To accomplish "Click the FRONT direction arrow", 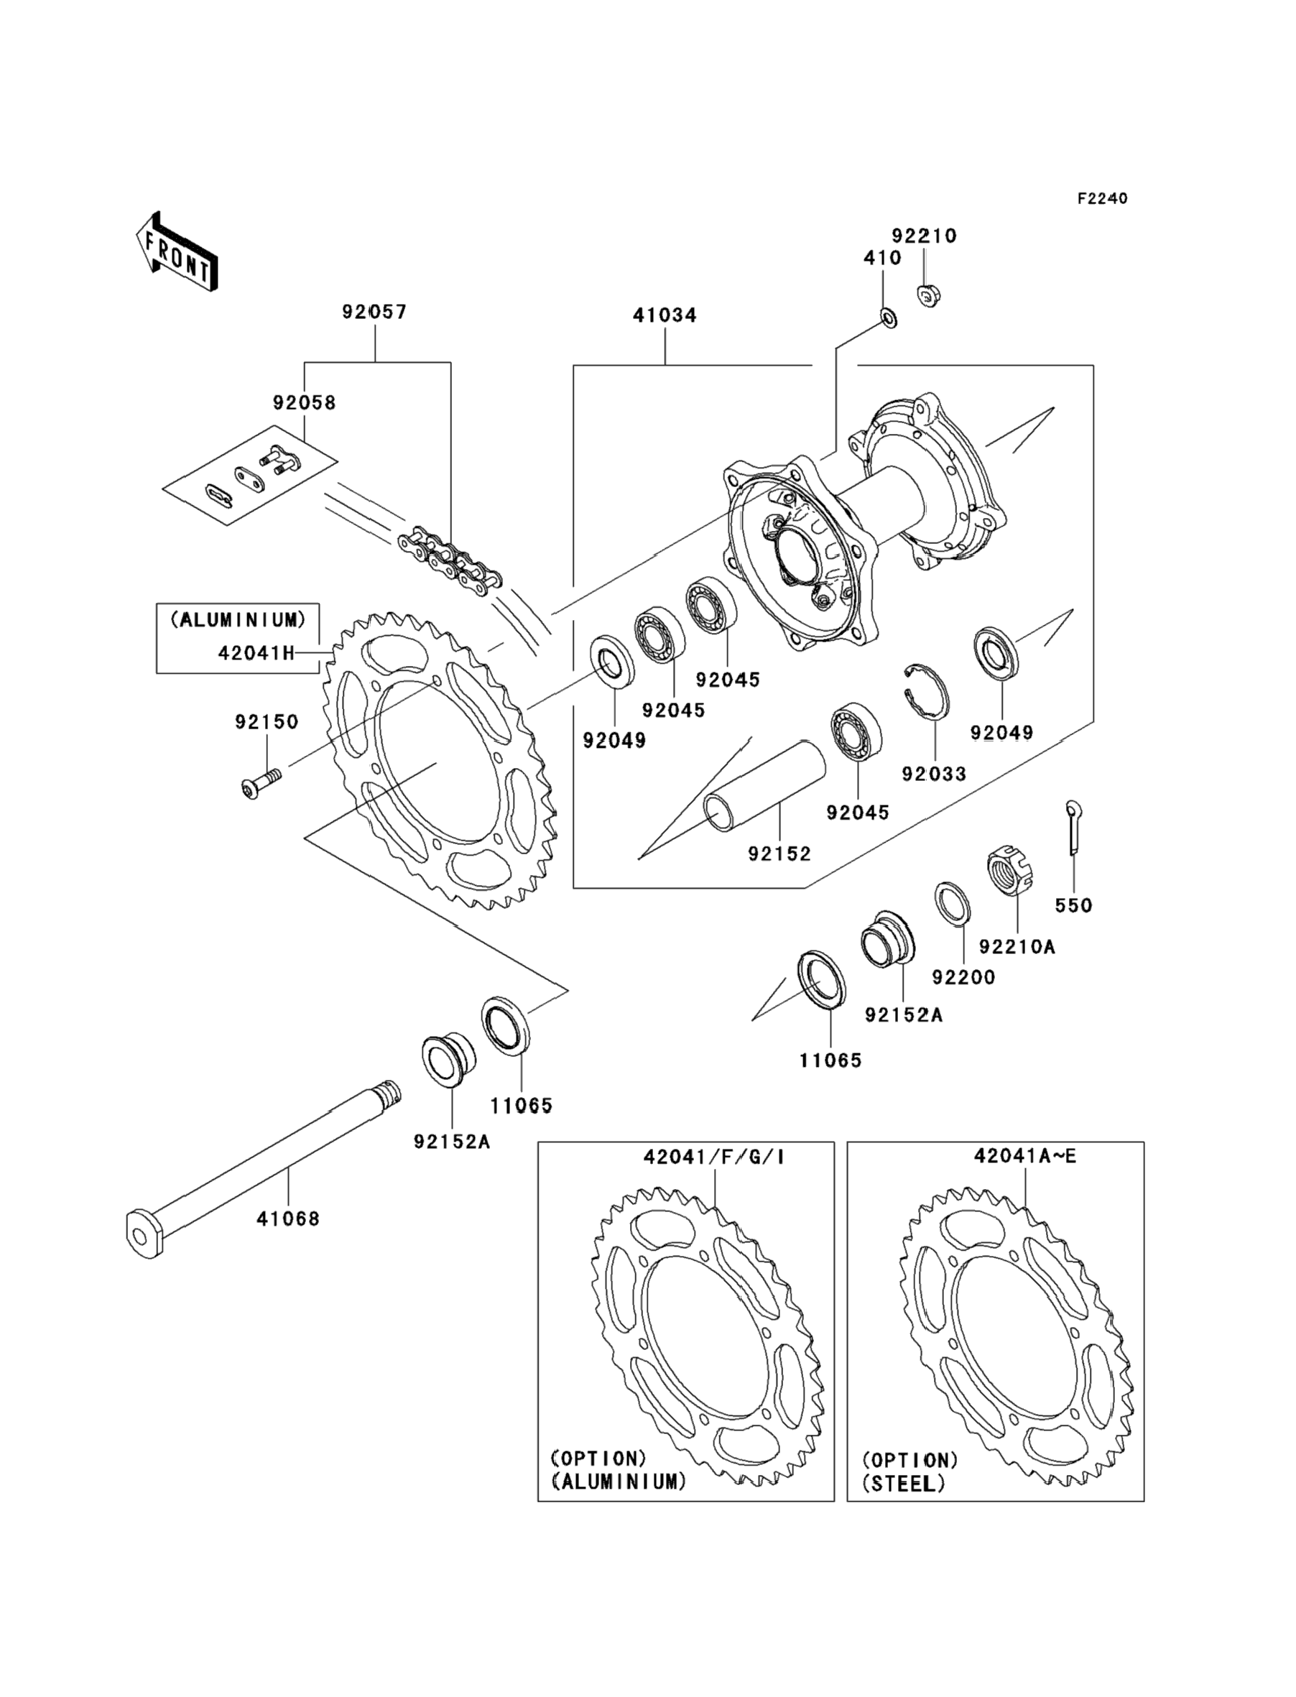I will pyautogui.click(x=177, y=251).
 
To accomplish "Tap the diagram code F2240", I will pyautogui.click(x=1102, y=199).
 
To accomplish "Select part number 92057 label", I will pyautogui.click(x=374, y=313).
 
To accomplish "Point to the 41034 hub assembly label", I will pyautogui.click(x=665, y=315).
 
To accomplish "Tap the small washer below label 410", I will pyautogui.click(x=888, y=316).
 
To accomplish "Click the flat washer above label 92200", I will pyautogui.click(x=953, y=903).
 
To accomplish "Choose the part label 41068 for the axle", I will pyautogui.click(x=288, y=1219).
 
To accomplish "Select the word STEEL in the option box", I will pyautogui.click(x=903, y=1499).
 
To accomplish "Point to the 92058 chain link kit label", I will pyautogui.click(x=304, y=402).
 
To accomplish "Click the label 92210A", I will pyautogui.click(x=1016, y=946).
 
